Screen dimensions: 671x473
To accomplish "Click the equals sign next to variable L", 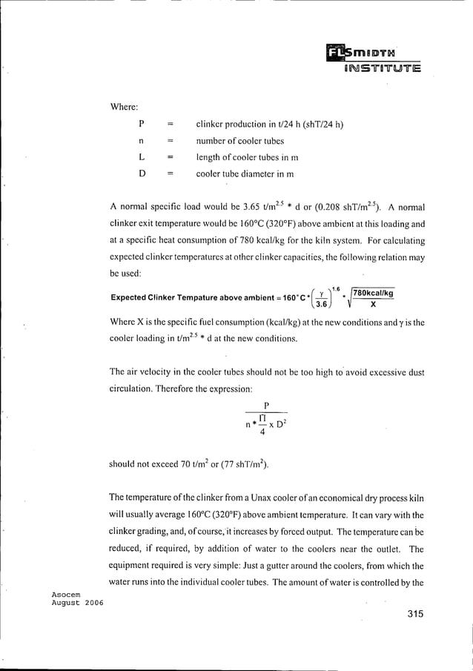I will pyautogui.click(x=170, y=157).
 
